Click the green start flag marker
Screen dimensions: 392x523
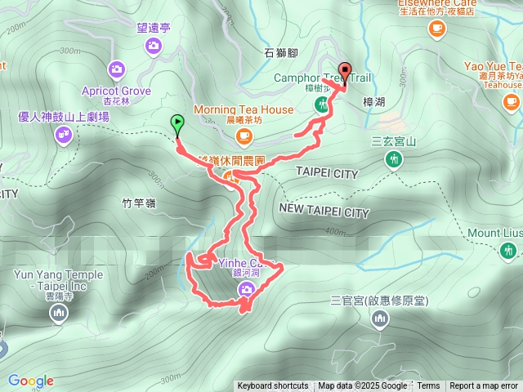coord(177,124)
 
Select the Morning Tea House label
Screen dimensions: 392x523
coord(243,109)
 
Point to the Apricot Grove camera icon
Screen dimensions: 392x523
coord(116,69)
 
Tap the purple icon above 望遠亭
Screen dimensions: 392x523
coord(154,47)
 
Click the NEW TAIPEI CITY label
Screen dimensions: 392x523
coord(324,212)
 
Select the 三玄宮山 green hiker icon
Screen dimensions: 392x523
coord(394,160)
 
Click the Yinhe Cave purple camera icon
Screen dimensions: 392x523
coord(246,291)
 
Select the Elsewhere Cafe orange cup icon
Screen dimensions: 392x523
coord(436,29)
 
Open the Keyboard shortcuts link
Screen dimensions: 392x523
coord(273,386)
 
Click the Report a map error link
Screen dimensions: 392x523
coord(484,386)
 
